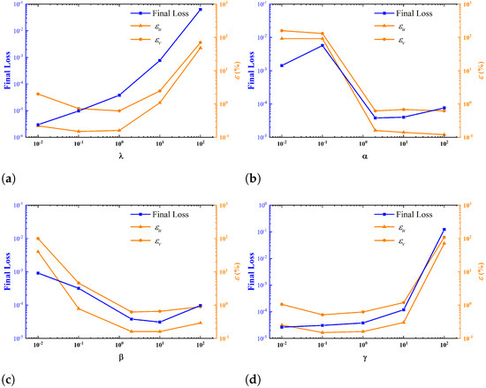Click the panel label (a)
click(x=9, y=179)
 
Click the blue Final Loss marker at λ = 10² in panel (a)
click(x=201, y=10)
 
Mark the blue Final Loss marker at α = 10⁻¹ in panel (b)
click(x=323, y=45)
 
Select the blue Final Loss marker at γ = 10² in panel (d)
click(x=444, y=230)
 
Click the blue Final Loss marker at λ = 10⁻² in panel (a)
click(x=38, y=125)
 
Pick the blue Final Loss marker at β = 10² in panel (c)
click(x=201, y=306)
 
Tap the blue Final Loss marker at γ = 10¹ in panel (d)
click(x=404, y=309)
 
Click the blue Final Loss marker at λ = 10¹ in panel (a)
click(x=160, y=60)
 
